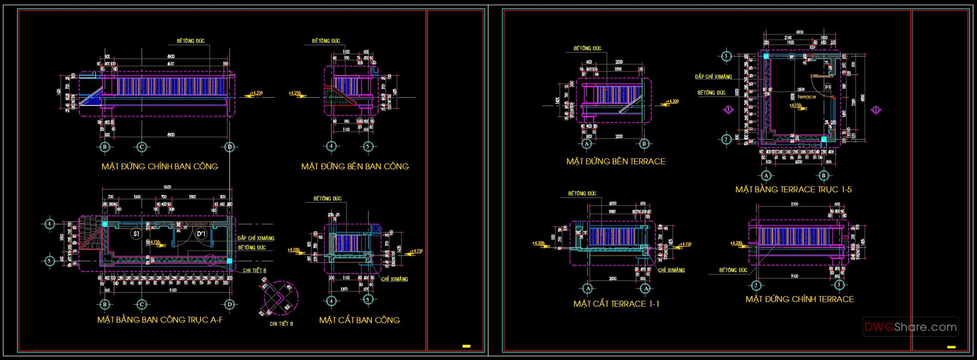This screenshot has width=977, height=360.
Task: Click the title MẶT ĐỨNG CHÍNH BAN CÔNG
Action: [159, 166]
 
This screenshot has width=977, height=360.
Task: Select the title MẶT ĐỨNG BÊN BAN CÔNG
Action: [355, 166]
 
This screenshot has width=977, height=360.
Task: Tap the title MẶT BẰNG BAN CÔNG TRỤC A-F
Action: [160, 320]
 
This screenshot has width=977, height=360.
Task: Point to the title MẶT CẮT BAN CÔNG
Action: [359, 320]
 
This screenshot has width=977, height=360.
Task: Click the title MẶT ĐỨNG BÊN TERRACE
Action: [615, 162]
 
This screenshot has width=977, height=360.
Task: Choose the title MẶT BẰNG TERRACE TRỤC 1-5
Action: [793, 189]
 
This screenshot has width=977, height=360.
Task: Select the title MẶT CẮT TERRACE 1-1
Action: [616, 304]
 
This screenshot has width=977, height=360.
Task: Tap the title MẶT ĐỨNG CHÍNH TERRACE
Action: [800, 299]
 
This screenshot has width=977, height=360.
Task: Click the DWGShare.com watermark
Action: [910, 327]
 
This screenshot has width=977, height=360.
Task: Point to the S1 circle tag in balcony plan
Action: [136, 234]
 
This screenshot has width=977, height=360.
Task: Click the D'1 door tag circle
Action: [201, 234]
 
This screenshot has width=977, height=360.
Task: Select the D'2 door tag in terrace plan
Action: [828, 87]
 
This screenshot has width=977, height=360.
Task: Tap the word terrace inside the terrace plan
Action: [807, 97]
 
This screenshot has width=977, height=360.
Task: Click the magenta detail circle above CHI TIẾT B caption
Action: [281, 298]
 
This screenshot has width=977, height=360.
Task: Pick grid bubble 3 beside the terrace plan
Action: [726, 56]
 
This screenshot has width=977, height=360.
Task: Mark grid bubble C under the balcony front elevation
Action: [141, 147]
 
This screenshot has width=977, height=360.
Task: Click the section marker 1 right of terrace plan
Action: [875, 110]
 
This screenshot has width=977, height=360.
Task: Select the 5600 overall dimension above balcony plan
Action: [167, 187]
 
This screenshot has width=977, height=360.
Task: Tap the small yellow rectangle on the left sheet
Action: [466, 346]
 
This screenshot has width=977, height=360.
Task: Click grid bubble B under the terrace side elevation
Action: [644, 144]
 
